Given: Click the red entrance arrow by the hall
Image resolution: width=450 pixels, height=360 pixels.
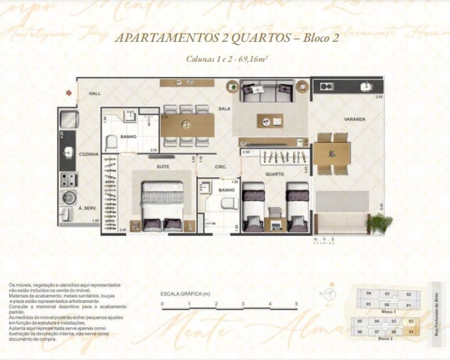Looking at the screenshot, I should point(68,93).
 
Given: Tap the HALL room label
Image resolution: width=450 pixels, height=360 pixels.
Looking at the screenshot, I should point(94,94).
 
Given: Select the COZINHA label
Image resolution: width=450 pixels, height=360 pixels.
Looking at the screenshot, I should point(89,154).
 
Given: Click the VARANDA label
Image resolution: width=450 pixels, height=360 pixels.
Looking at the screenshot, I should point(355,119).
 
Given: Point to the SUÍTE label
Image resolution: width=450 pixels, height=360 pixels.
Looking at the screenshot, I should point(163,166).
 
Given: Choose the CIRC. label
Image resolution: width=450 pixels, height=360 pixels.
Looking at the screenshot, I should point(220,166).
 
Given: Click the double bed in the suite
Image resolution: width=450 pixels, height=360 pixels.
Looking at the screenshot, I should point(162,205).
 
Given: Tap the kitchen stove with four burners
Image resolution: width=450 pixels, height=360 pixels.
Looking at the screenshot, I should point(69,179).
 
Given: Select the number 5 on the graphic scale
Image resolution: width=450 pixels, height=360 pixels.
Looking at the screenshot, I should point(297,304).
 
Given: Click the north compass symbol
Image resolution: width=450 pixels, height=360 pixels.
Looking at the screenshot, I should point(331,294).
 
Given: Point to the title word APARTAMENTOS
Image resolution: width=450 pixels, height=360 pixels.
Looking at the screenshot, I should point(167,38).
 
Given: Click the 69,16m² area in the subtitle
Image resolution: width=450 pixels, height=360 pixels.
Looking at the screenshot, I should point(253,59).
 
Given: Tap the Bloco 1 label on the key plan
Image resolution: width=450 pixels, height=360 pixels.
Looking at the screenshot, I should point(388,311).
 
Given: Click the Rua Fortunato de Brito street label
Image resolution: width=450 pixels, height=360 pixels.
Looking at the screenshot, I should point(435,314).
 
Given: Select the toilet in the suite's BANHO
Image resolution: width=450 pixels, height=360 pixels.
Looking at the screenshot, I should point(111,144).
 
